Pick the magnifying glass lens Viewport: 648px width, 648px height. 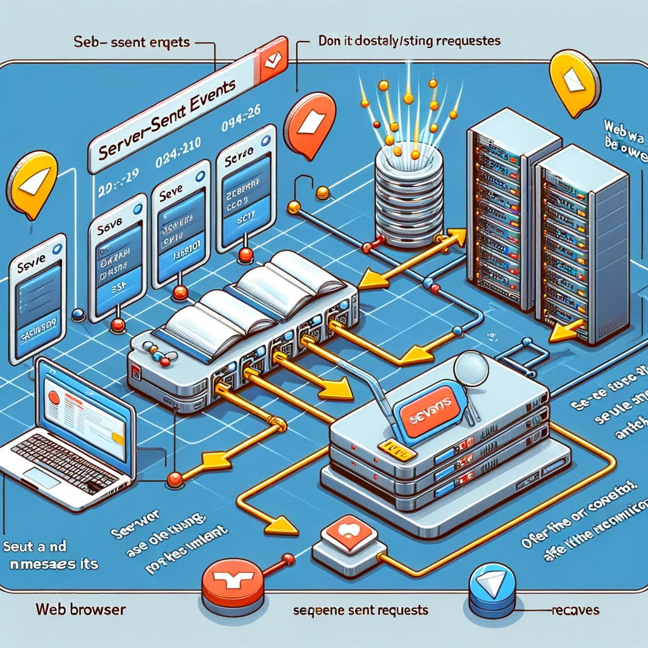467,366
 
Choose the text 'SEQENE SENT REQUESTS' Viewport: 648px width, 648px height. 361,611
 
